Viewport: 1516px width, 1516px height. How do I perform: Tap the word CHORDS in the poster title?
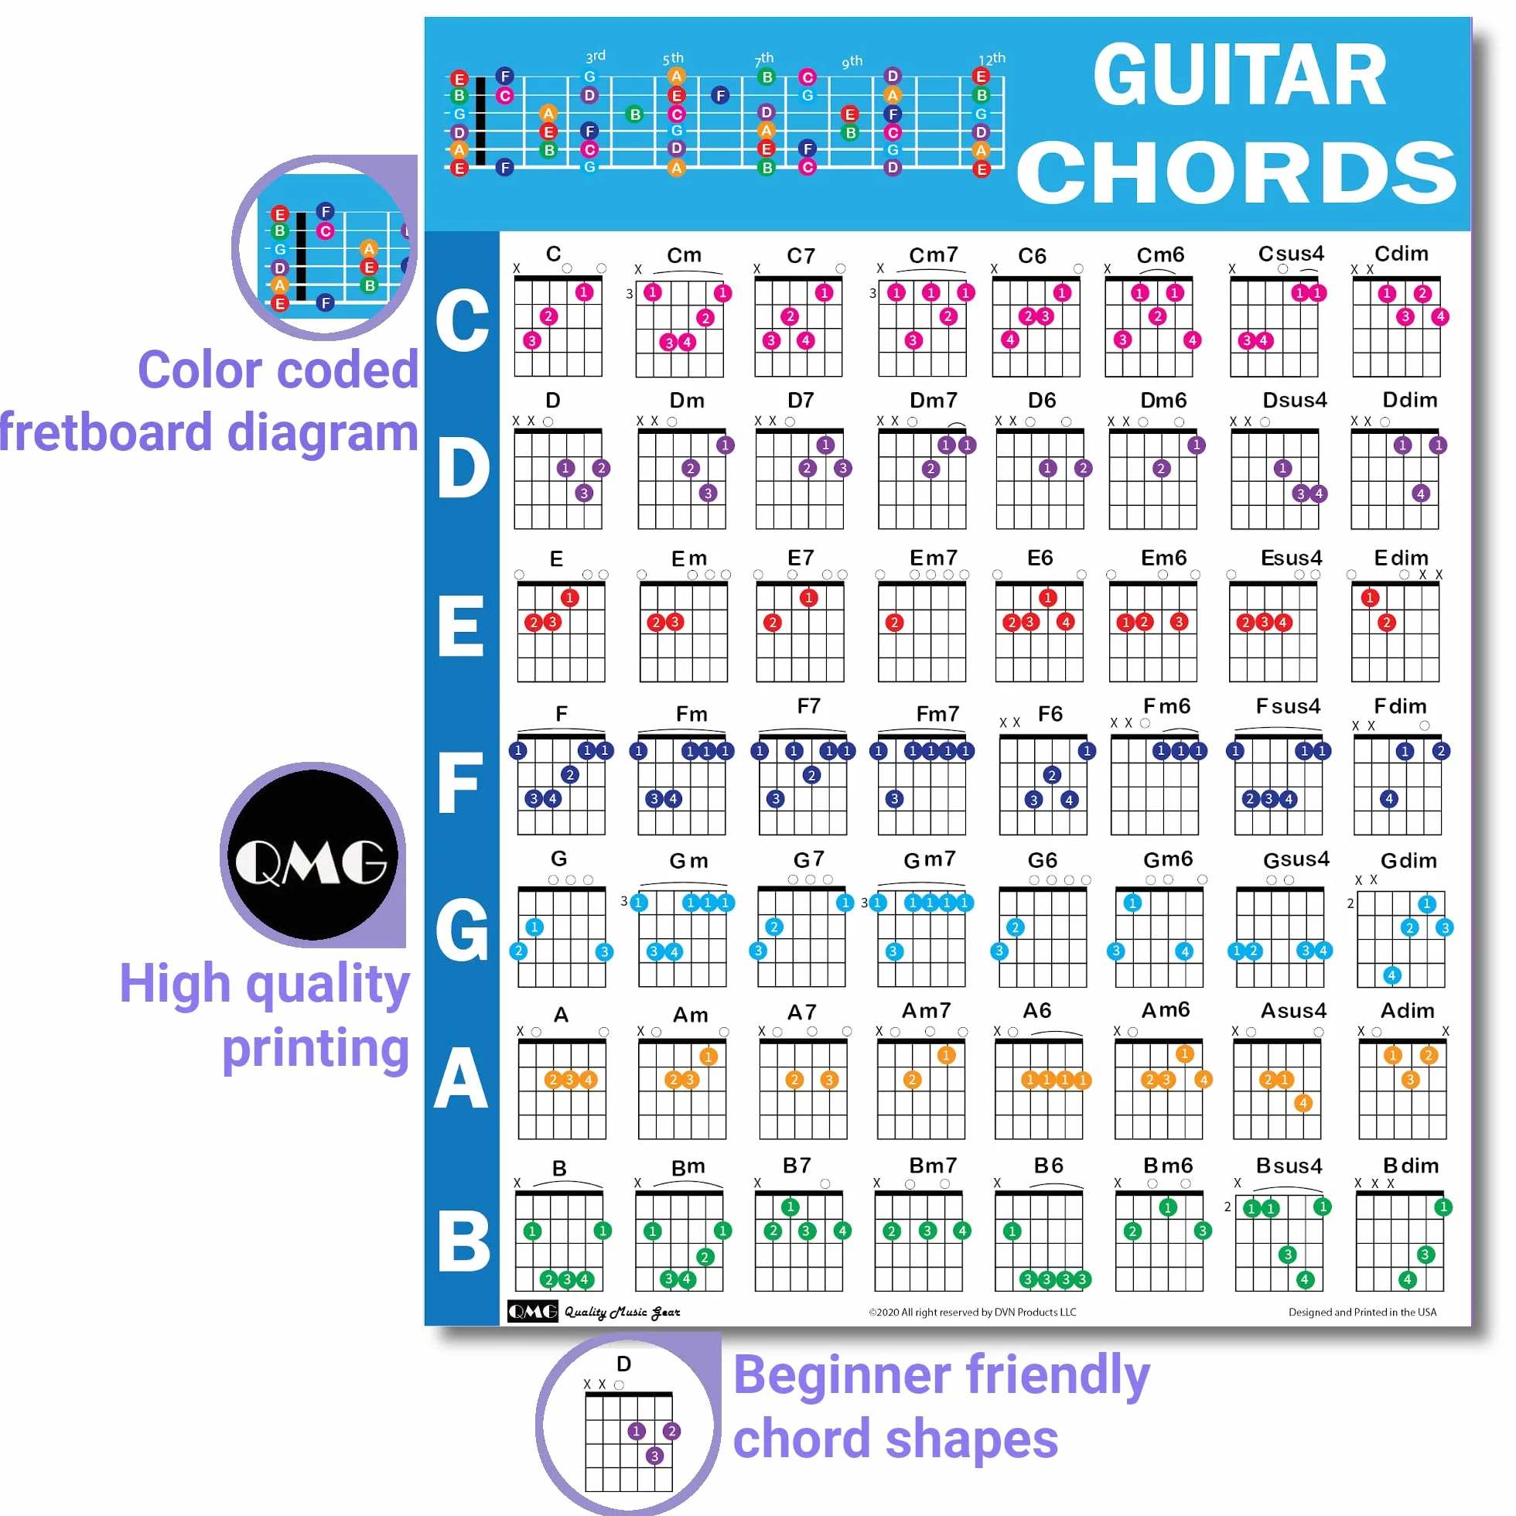[x=1238, y=172]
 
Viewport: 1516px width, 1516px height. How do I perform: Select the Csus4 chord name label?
[x=1291, y=254]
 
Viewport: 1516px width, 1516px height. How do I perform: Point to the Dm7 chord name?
[x=934, y=400]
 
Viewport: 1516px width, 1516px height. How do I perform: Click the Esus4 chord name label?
[x=1291, y=558]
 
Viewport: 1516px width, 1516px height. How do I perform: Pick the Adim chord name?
[x=1407, y=1011]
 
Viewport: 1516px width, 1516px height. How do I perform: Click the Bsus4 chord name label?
[x=1289, y=1166]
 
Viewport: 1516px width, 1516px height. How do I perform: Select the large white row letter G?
[x=463, y=930]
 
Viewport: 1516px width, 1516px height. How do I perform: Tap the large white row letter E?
[x=461, y=626]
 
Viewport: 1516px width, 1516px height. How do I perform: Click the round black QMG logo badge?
[x=313, y=855]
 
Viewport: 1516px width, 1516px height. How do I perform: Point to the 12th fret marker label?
[x=992, y=59]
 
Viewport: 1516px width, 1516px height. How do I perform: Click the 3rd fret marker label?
[x=596, y=56]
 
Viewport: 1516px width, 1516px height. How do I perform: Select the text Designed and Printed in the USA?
[x=1362, y=1312]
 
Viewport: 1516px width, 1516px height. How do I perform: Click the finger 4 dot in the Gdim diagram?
[x=1392, y=975]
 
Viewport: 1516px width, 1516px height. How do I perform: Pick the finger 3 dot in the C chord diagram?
[x=532, y=340]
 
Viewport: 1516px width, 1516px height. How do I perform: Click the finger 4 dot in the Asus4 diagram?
[x=1303, y=1103]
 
